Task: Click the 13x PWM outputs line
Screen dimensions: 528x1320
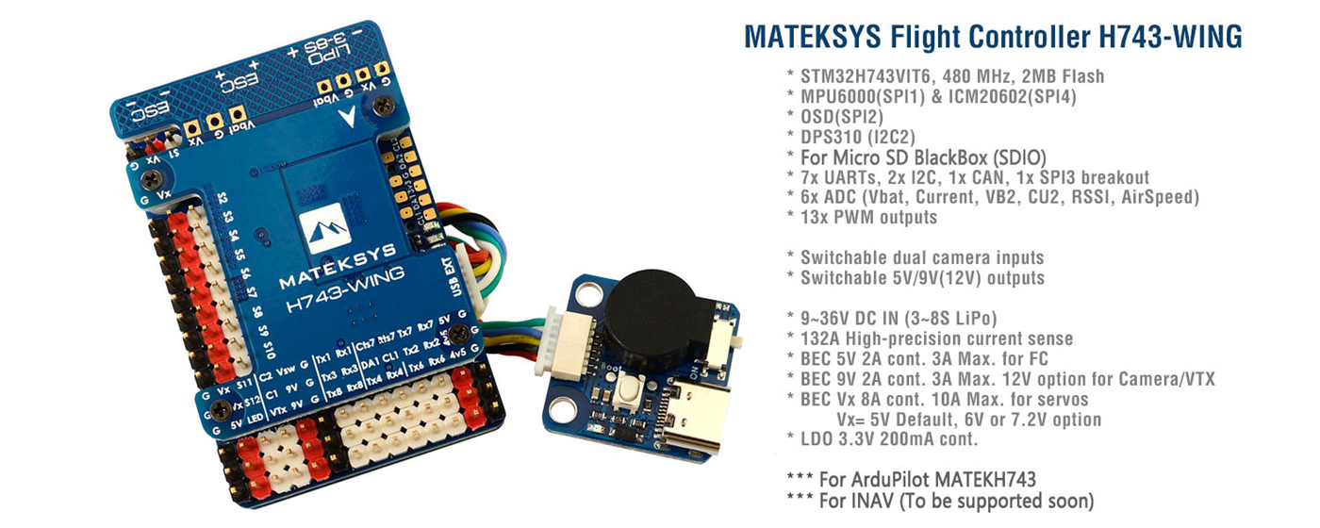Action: pyautogui.click(x=862, y=218)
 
